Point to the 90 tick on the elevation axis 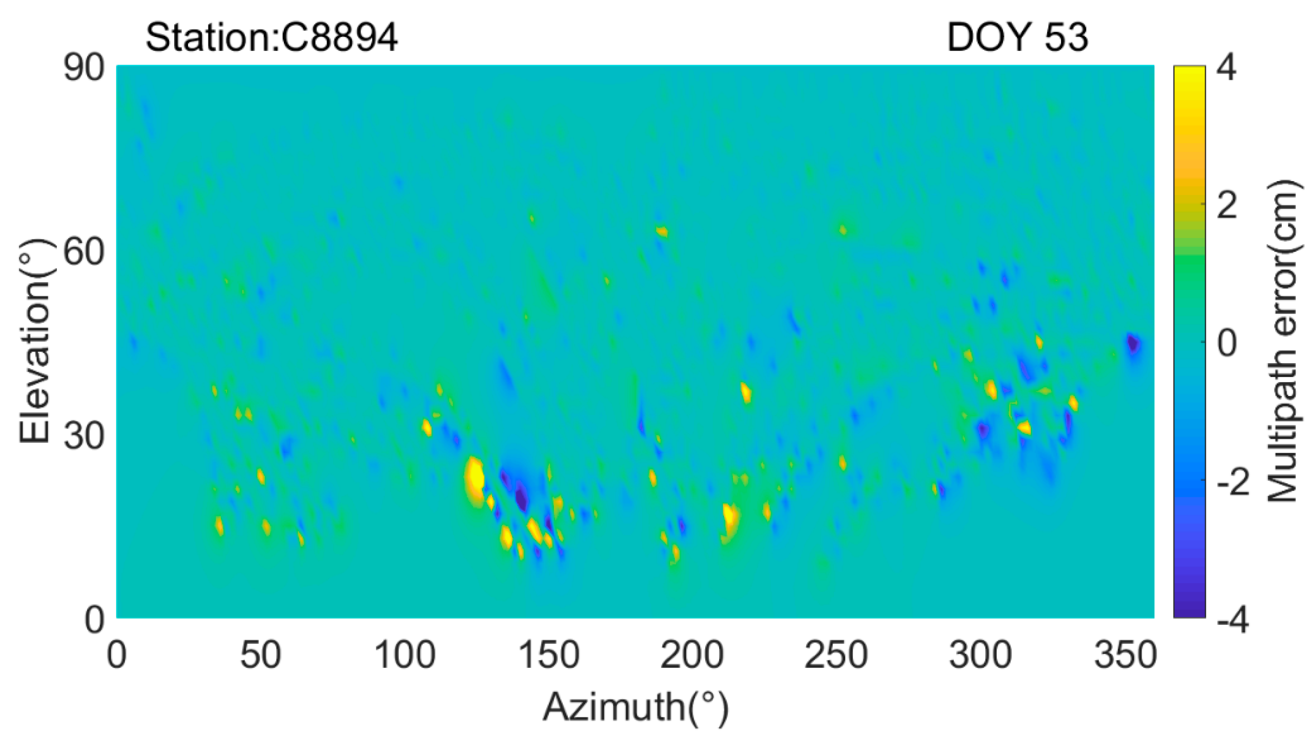tap(84, 68)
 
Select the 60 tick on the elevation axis tap(84, 252)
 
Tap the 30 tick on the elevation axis tap(84, 436)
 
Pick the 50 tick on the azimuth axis tap(260, 655)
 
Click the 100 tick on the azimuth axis tap(405, 655)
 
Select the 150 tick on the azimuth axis tap(549, 655)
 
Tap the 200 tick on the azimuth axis tap(692, 655)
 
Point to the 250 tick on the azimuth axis tap(836, 655)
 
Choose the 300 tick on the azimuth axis tap(980, 655)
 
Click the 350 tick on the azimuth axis tap(1124, 655)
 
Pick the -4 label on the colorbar tap(1233, 621)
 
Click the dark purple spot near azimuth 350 tap(1133, 345)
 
